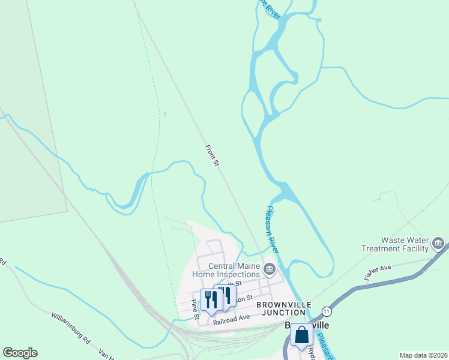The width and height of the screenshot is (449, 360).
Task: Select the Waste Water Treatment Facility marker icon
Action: pos(438,243)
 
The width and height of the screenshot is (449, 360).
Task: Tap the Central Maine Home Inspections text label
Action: pos(235,270)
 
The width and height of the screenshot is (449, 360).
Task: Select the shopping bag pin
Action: pos(301,335)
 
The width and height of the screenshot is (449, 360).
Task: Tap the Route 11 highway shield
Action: pos(326,311)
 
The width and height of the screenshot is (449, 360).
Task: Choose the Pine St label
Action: pos(194,306)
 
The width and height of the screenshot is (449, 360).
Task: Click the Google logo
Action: pos(20,353)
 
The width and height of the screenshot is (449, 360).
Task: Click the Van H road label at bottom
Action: pos(106,355)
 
